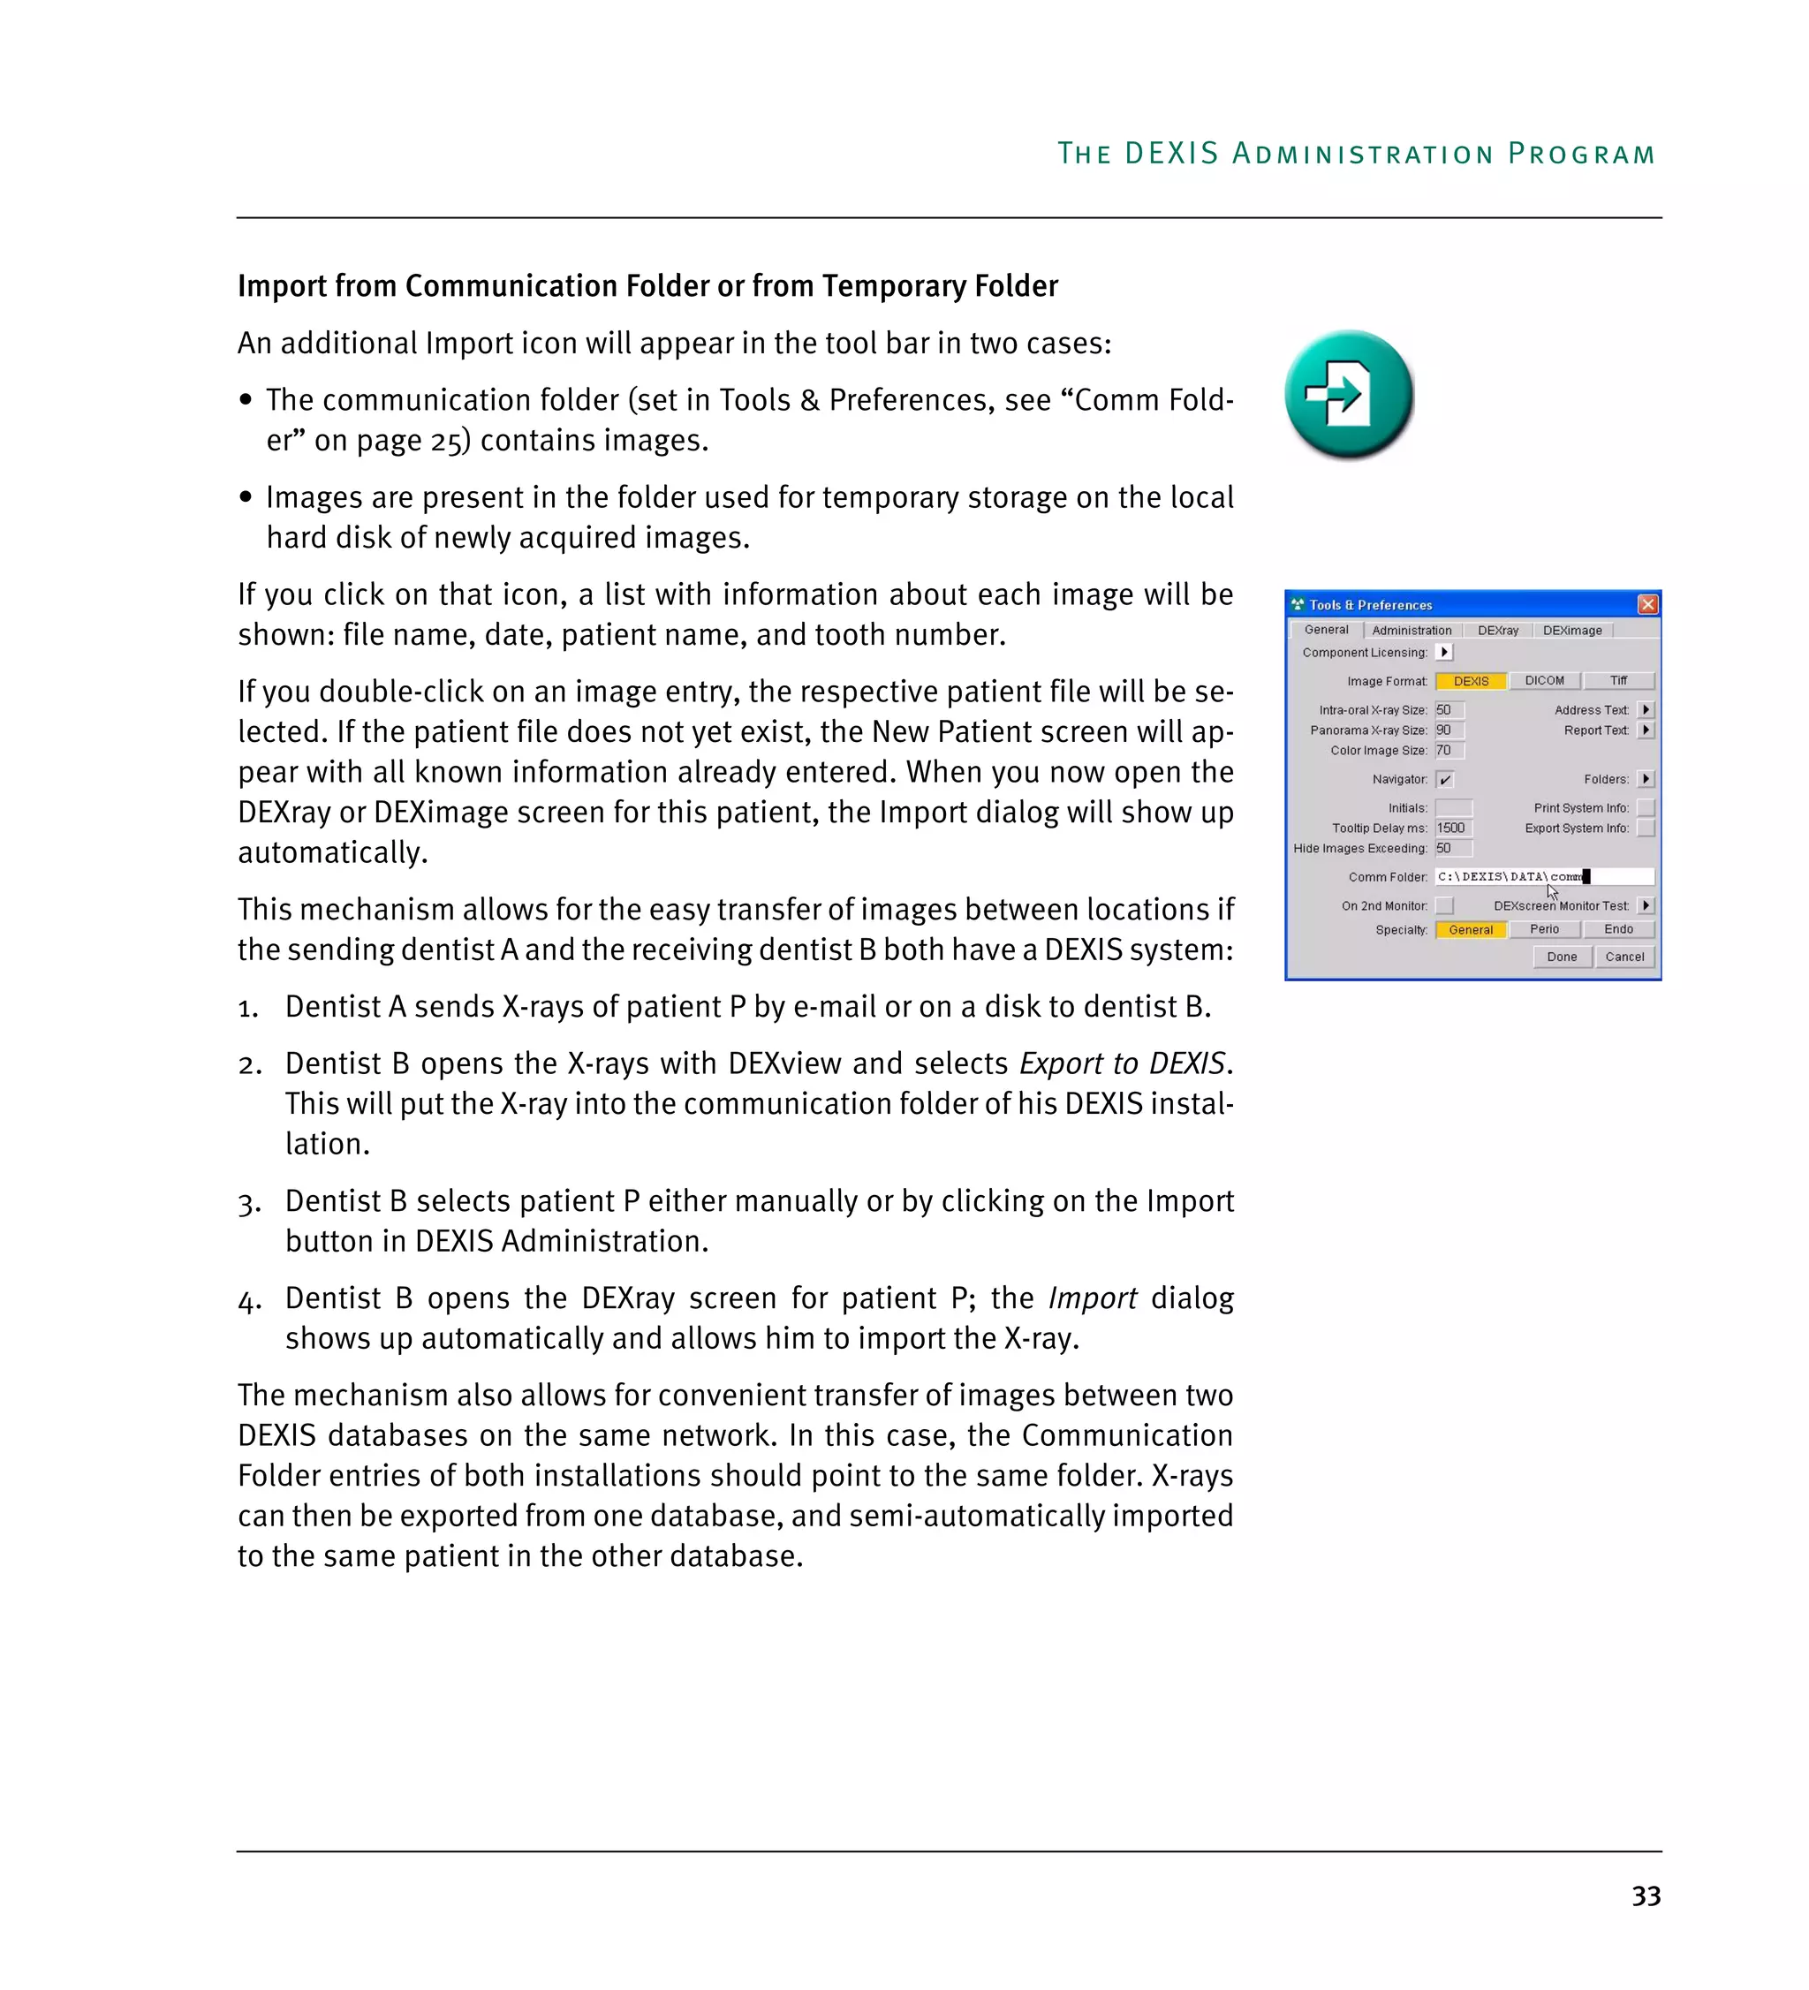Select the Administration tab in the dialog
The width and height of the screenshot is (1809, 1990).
(x=1411, y=630)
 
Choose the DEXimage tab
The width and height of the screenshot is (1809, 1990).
(x=1571, y=630)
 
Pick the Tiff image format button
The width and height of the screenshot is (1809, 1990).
(x=1617, y=680)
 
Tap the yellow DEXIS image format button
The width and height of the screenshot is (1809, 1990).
(x=1470, y=681)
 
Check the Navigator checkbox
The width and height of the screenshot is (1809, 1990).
(x=1444, y=779)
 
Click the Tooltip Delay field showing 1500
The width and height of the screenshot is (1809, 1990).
(x=1452, y=828)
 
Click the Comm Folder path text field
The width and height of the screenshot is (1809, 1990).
(x=1542, y=876)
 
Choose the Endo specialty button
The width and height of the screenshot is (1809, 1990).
(x=1617, y=929)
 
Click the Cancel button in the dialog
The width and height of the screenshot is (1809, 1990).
(x=1624, y=957)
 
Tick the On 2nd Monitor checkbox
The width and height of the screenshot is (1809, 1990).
(x=1444, y=905)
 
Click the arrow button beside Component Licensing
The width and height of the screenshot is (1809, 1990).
(x=1444, y=652)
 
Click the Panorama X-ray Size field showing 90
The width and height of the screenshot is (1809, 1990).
(x=1448, y=730)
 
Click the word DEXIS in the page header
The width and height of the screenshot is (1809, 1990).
(x=1171, y=153)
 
